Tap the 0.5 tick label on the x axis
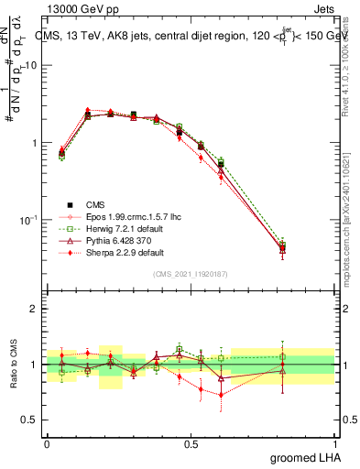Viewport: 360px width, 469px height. coord(191,443)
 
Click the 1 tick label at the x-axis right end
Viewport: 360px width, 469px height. coord(335,443)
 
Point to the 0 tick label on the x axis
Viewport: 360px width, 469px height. coord(47,443)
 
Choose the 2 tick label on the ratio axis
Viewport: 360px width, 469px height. coord(33,309)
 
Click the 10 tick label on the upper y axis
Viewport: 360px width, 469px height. coord(30,66)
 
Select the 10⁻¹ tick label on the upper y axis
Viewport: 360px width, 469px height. coord(28,220)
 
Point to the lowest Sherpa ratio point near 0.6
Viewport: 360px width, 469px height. coord(221,395)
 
